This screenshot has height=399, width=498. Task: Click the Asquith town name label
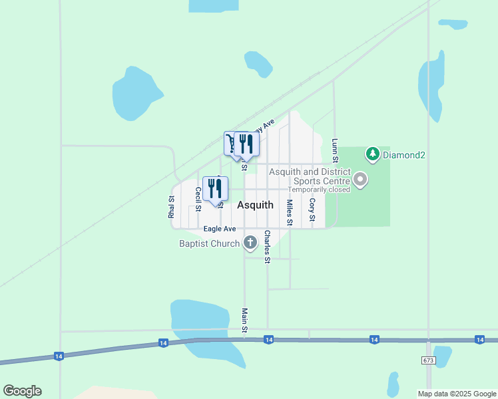(255, 205)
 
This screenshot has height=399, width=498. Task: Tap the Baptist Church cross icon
(250, 243)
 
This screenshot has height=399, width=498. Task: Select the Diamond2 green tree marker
(373, 154)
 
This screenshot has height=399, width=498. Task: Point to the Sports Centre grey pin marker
(360, 180)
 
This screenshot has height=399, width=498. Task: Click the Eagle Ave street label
(220, 229)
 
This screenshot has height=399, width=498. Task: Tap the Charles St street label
(267, 247)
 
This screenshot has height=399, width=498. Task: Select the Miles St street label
(290, 212)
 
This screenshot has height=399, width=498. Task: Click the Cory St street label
(312, 209)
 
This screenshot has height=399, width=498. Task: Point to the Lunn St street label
(335, 150)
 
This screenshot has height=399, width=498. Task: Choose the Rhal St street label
(172, 207)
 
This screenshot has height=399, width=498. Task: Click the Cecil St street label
(198, 199)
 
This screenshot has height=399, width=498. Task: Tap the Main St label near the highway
(245, 320)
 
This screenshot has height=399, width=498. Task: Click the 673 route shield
(428, 360)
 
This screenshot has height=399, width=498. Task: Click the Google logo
(22, 391)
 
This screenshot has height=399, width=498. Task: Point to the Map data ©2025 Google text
(457, 394)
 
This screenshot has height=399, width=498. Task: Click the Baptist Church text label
(209, 243)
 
